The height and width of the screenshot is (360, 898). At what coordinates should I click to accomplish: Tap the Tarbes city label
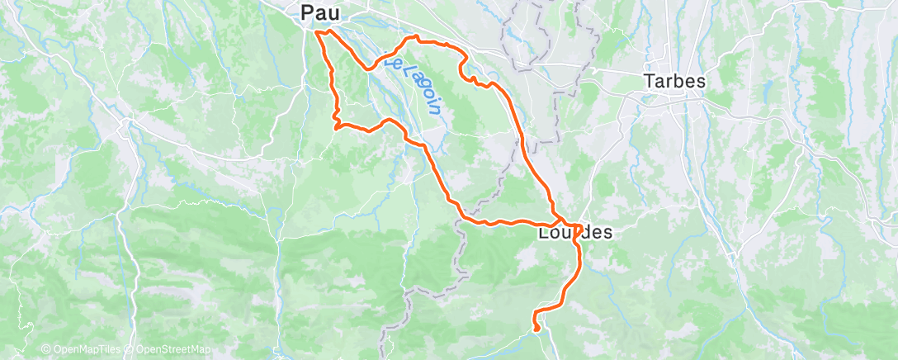tap(675, 82)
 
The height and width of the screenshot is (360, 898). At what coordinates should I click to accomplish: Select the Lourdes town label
tap(575, 233)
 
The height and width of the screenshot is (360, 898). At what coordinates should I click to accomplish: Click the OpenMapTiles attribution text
tap(87, 350)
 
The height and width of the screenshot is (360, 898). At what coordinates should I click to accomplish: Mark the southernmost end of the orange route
tap(537, 329)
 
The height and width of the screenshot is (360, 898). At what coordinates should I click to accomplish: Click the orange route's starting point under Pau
tap(318, 32)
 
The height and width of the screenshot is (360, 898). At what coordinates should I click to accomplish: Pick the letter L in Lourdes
tap(542, 233)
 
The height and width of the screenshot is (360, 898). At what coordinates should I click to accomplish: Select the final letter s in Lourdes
tap(608, 233)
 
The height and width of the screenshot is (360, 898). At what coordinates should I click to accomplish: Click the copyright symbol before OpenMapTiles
tap(46, 350)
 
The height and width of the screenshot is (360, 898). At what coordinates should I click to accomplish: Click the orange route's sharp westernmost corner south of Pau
tap(335, 126)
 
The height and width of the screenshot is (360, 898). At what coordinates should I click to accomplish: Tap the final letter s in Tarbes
tap(702, 82)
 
